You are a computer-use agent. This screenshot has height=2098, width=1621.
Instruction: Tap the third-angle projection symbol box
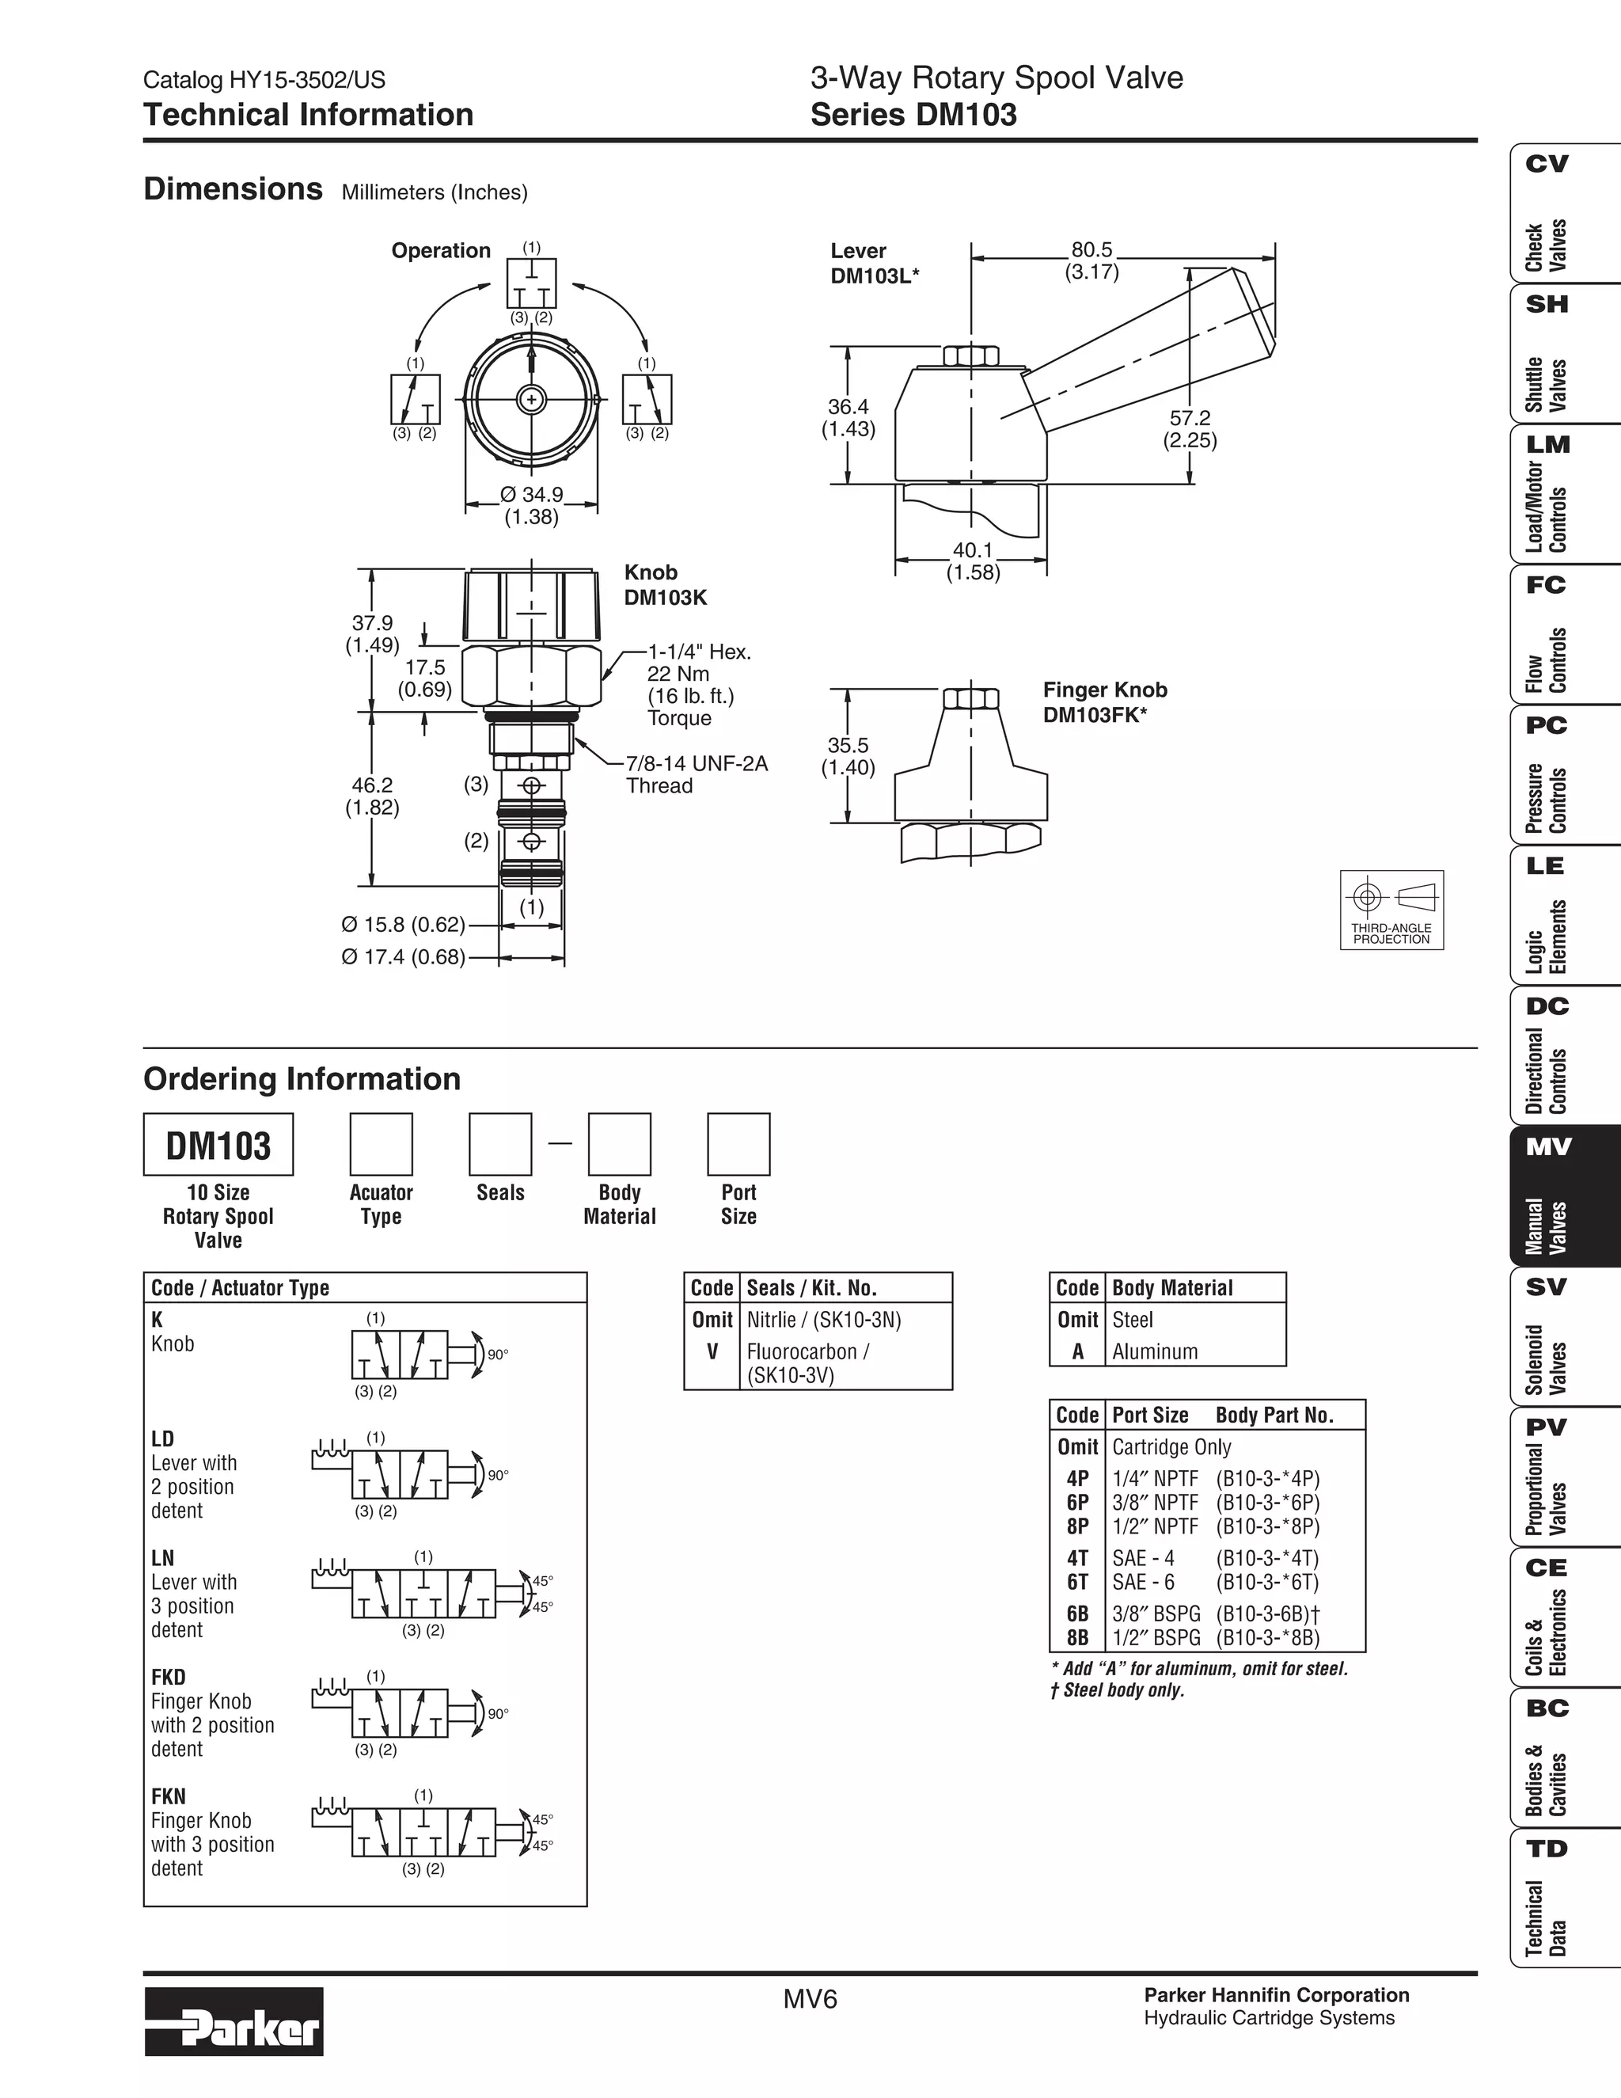click(1391, 909)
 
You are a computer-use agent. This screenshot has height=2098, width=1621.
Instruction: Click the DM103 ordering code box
click(218, 1144)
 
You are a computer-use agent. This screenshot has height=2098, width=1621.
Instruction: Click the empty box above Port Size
click(738, 1144)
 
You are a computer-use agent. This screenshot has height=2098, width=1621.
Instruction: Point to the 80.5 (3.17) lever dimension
click(1091, 260)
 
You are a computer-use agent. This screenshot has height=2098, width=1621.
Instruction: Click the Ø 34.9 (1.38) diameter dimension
click(531, 505)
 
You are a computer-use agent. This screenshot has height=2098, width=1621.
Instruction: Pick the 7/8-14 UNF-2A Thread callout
click(697, 774)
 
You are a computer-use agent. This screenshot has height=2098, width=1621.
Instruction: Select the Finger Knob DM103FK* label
click(1104, 701)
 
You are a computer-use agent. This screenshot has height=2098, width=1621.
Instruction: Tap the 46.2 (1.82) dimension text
click(372, 796)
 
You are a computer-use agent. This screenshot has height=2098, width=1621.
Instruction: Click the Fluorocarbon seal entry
click(807, 1363)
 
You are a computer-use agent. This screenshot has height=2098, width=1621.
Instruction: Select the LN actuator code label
click(162, 1558)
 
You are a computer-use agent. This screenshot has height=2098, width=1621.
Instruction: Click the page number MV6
click(810, 1998)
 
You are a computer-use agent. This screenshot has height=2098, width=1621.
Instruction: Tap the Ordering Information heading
click(302, 1079)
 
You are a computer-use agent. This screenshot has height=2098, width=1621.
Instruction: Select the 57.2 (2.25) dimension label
click(1189, 429)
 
